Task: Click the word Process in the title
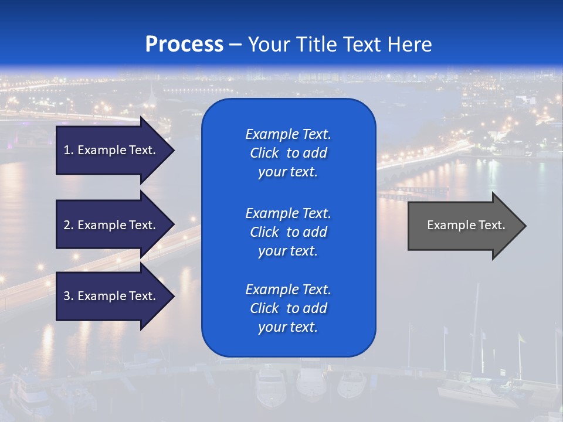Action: (x=184, y=45)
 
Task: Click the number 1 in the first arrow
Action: (x=67, y=150)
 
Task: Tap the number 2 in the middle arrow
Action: (x=67, y=225)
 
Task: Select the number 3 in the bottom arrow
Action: (x=67, y=296)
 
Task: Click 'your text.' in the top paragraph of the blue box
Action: (x=288, y=172)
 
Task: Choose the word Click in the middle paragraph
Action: (x=264, y=232)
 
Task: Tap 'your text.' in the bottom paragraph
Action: (x=288, y=328)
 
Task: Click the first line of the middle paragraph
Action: (x=288, y=213)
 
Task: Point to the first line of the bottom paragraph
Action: (x=288, y=290)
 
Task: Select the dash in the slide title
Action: (x=236, y=45)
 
